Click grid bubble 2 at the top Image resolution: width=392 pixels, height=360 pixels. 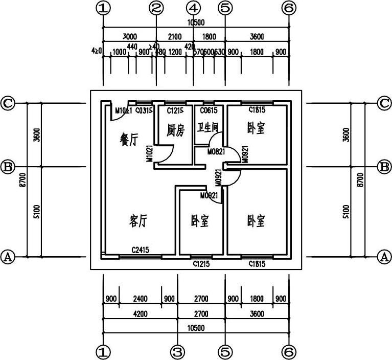click(156, 8)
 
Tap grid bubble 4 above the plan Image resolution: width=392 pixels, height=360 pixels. click(193, 8)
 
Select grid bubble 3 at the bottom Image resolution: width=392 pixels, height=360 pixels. click(177, 352)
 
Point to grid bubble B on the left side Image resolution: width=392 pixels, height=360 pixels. click(8, 167)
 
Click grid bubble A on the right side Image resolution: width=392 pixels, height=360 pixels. click(384, 257)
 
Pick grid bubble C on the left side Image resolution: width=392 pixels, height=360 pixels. click(8, 103)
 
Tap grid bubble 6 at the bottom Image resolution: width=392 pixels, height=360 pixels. click(289, 352)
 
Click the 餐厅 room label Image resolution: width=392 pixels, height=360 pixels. click(129, 139)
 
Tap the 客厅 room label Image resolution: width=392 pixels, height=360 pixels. click(139, 221)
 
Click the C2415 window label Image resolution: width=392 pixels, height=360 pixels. click(140, 250)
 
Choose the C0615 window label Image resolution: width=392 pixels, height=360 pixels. click(208, 110)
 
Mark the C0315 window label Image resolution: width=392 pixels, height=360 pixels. click(144, 110)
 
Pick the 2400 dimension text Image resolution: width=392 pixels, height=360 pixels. click(140, 299)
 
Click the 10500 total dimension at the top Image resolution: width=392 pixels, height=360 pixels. click(196, 22)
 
